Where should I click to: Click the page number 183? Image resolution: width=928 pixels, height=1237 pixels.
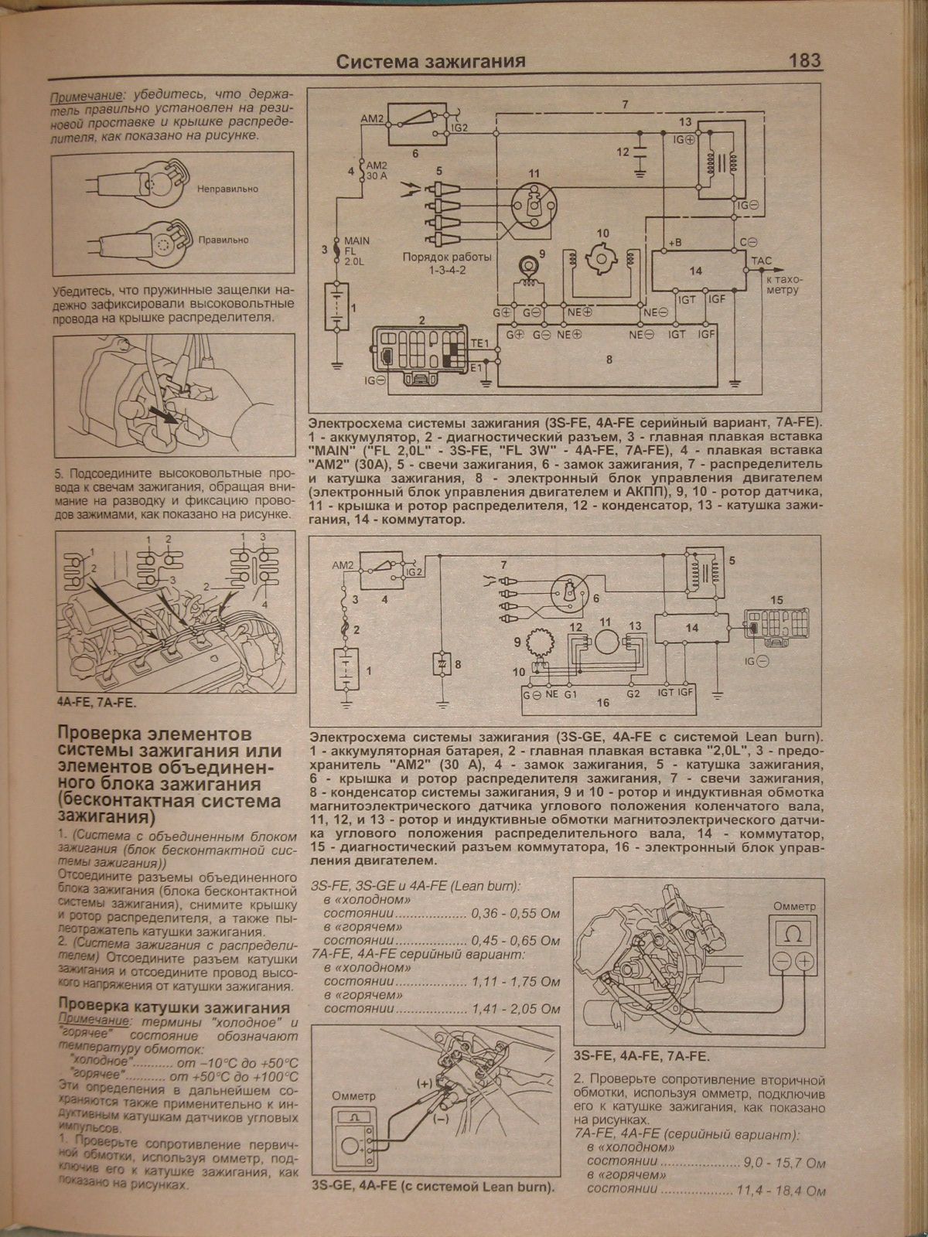click(804, 61)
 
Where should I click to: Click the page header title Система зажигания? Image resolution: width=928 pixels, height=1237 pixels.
click(432, 62)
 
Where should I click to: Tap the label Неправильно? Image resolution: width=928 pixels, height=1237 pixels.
click(227, 189)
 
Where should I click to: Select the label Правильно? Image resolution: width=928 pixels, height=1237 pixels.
click(223, 240)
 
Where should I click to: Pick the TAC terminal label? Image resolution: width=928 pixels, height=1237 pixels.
click(762, 262)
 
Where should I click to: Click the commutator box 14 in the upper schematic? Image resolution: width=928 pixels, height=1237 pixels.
click(696, 271)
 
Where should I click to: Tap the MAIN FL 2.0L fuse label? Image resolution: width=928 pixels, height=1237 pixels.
click(357, 251)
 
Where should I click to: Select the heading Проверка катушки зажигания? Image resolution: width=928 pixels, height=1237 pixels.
click(174, 1007)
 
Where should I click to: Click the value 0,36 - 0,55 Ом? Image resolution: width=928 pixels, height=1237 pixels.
click(515, 913)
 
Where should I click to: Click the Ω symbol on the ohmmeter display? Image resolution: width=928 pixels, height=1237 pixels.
click(793, 935)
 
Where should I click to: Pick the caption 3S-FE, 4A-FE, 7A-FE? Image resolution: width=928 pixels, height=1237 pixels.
click(641, 1056)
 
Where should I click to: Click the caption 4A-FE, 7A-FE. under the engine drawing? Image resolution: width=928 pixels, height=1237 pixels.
click(101, 703)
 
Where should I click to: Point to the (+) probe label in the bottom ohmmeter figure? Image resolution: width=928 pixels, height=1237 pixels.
click(425, 1083)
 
